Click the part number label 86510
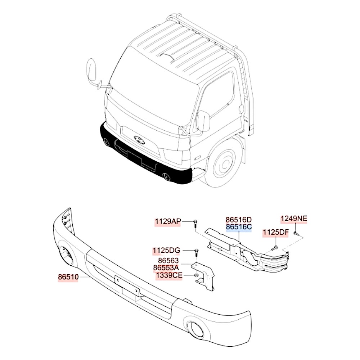point(68,277)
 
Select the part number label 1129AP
point(168,221)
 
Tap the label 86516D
point(239,220)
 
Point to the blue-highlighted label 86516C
point(239,227)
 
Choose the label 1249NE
point(294,219)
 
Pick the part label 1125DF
point(275,232)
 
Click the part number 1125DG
point(167,250)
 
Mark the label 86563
point(168,261)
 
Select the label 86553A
point(166,268)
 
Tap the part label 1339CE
point(169,275)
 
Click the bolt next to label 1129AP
point(195,223)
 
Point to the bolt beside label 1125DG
point(197,253)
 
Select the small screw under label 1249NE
point(296,234)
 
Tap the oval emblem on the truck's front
point(140,140)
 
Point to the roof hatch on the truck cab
point(168,57)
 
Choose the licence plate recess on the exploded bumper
point(127,287)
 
